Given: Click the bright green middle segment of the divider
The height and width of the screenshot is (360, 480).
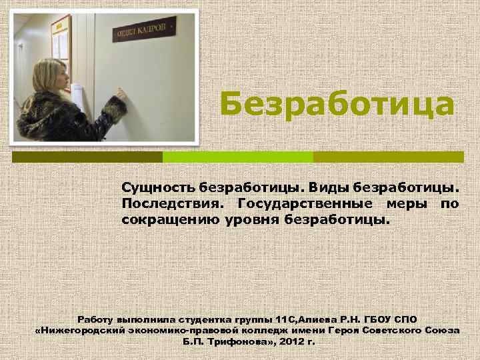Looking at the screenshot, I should pyautogui.click(x=238, y=157).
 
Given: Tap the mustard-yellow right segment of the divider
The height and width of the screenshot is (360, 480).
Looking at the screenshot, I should pyautogui.click(x=388, y=157).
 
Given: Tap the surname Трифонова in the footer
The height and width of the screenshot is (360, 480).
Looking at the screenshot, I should pyautogui.click(x=227, y=341).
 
